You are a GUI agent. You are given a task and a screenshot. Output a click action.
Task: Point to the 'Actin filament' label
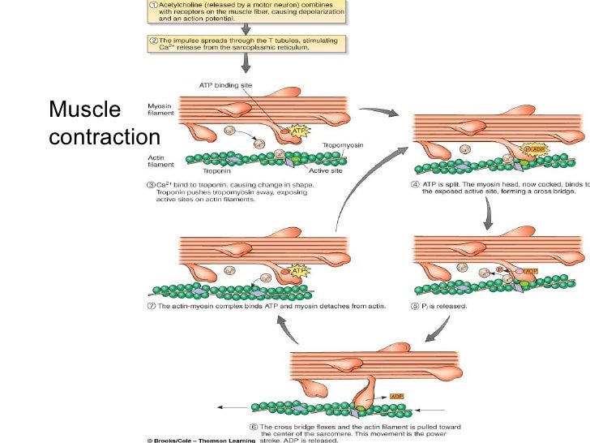[x=159, y=162]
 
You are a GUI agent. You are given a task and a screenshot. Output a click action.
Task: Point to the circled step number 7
[x=152, y=306]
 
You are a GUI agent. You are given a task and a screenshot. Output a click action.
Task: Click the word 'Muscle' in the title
[x=84, y=109]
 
